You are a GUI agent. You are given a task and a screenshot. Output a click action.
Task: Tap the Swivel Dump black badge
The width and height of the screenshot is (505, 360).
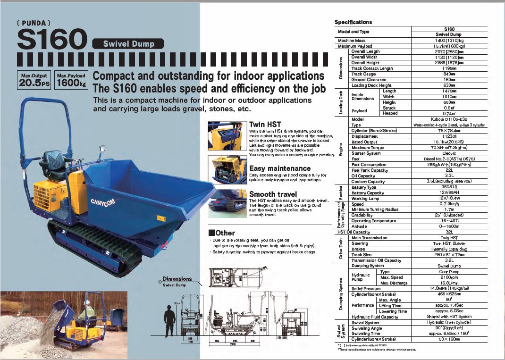point(129,44)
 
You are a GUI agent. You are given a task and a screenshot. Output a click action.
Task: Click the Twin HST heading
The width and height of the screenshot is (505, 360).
point(265,125)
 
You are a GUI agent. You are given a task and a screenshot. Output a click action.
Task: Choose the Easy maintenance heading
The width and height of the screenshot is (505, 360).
point(279,168)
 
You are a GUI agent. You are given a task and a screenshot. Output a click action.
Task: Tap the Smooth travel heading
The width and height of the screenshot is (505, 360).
point(273,194)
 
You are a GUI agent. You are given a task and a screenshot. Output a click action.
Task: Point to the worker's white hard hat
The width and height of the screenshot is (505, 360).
point(87,302)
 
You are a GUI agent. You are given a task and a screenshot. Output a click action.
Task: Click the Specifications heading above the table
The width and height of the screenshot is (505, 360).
point(353,22)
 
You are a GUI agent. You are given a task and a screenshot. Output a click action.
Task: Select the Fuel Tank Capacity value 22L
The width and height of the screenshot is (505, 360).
point(449,170)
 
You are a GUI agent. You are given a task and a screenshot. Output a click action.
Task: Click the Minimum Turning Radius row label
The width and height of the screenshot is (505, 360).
point(375,209)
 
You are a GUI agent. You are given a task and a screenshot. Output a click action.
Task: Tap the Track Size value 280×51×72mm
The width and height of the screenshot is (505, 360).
point(449,255)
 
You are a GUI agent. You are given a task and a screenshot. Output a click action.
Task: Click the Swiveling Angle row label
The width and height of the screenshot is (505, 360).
point(367,328)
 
